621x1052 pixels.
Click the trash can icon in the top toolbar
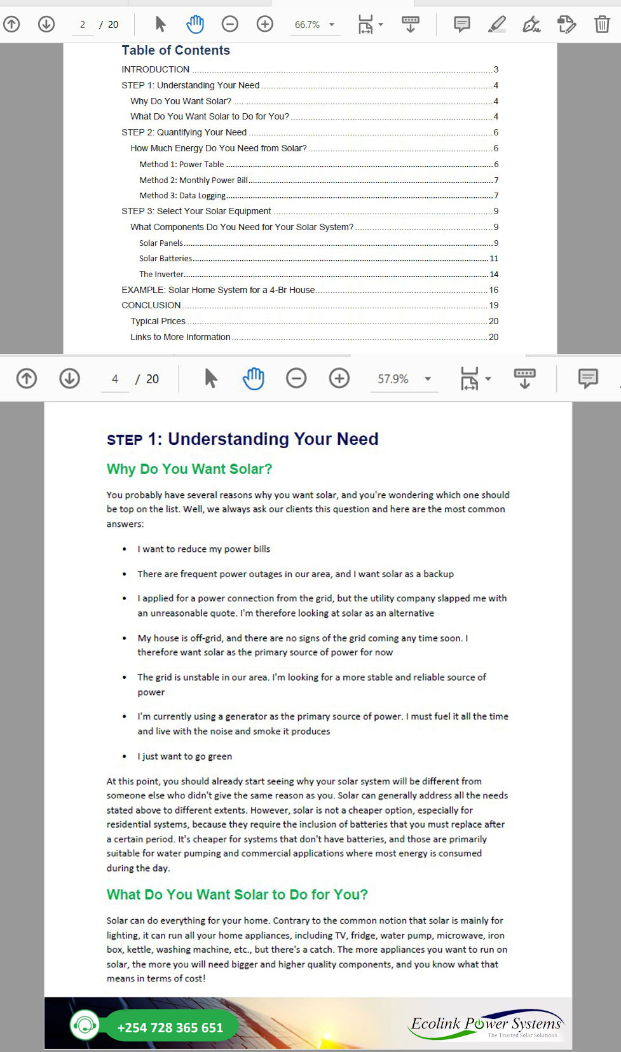click(x=601, y=25)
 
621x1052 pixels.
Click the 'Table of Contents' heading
click(x=175, y=50)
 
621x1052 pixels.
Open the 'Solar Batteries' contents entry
click(x=165, y=259)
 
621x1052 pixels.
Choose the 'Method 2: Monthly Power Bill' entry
click(x=194, y=180)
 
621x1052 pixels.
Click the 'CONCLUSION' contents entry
click(x=151, y=305)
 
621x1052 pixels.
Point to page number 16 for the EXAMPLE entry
click(x=493, y=290)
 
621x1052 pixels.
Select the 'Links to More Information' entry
click(x=181, y=337)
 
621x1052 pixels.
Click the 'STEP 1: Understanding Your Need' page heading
click(x=242, y=439)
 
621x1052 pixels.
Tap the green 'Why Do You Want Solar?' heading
click(x=189, y=469)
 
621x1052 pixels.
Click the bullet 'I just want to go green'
click(x=184, y=756)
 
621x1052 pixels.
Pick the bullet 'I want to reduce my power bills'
click(x=203, y=549)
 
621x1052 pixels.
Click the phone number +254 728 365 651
click(x=170, y=1028)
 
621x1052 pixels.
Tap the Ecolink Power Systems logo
click(x=486, y=1025)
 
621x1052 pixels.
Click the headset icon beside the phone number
click(x=85, y=1025)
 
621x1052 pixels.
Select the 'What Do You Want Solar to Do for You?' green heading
click(x=237, y=895)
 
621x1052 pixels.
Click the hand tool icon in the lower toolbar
click(x=253, y=379)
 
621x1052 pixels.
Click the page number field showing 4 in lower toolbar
click(x=115, y=379)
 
